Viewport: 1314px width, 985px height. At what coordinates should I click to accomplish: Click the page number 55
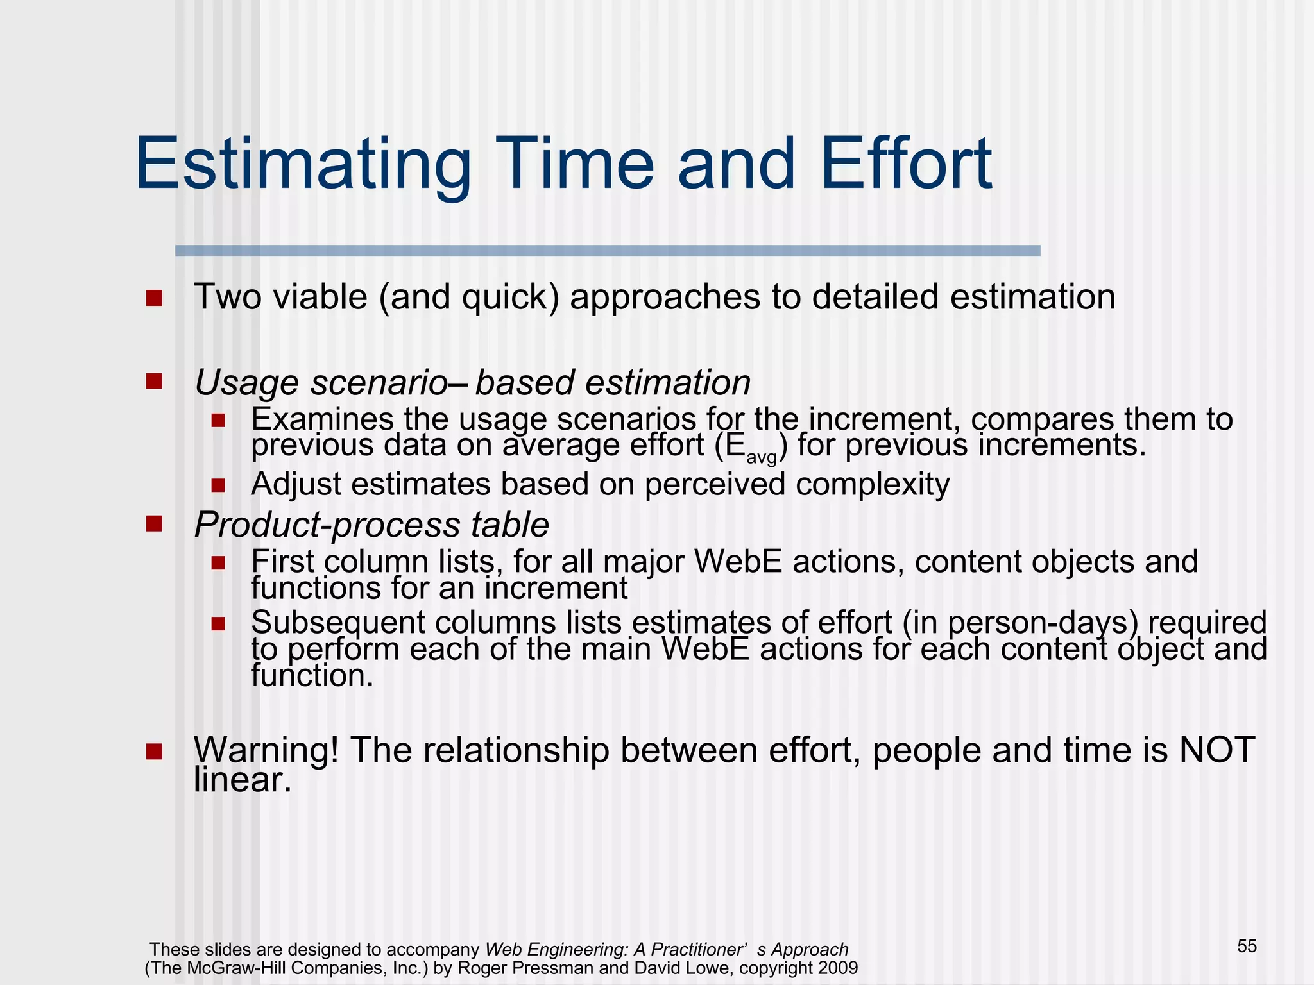click(1247, 946)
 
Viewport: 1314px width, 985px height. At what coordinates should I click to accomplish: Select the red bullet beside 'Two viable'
click(154, 298)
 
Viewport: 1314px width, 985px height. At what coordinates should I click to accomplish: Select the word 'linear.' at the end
click(243, 780)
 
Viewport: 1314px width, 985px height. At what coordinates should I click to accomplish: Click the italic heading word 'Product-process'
click(327, 525)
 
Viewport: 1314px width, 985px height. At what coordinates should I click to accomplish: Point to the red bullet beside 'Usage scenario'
click(154, 382)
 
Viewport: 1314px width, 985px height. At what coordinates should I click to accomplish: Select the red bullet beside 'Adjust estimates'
click(218, 485)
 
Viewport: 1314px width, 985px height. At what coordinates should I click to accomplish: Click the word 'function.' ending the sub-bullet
click(312, 675)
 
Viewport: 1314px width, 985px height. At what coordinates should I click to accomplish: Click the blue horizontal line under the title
click(607, 251)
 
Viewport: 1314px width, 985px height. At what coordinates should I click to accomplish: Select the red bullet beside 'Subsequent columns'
click(218, 623)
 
